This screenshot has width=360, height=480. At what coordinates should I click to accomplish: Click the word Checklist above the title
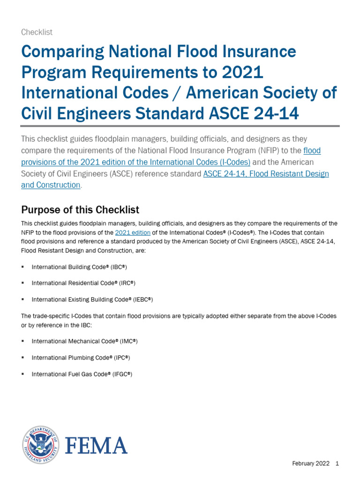pos(37,32)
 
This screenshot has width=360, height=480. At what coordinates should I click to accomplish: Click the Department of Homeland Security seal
pos(40,444)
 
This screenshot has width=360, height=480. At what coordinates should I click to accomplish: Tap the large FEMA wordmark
pos(96,445)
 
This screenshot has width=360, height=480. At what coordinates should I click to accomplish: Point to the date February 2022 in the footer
pos(310,464)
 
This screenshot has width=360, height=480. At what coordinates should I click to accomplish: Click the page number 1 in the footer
pos(337,464)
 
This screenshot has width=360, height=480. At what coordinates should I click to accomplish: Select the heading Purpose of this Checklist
pos(80,209)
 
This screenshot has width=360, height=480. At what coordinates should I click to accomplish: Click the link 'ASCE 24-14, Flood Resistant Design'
pos(266,173)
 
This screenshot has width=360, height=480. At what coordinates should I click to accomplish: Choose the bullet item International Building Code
pos(79,267)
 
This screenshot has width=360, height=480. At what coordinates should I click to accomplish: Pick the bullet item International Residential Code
pos(83,283)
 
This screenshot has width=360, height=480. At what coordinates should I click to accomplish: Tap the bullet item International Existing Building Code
pos(92,300)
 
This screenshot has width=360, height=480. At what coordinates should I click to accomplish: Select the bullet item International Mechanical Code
pos(84,341)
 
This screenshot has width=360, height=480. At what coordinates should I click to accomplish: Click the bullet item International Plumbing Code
pos(81,358)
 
